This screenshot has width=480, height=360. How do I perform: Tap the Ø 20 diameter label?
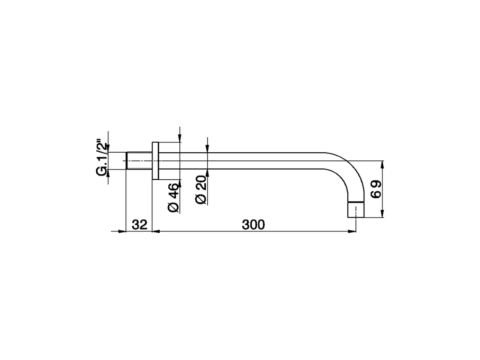(201, 189)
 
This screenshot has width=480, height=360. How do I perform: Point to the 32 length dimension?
(139, 225)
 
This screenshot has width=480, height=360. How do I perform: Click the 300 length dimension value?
(253, 225)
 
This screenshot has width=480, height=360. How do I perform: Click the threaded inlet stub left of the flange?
(139, 161)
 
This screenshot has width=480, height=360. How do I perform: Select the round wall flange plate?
(156, 161)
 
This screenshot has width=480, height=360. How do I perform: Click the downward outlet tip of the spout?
(356, 210)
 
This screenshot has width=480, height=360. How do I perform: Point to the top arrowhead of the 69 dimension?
(382, 164)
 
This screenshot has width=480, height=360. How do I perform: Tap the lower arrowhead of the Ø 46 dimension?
(180, 183)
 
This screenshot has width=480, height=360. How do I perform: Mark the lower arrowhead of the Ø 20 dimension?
(207, 173)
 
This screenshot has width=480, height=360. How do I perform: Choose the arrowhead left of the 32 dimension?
(121, 231)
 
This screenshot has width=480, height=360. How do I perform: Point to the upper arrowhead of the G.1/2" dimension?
(108, 148)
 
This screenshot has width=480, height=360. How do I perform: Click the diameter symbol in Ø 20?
(201, 199)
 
